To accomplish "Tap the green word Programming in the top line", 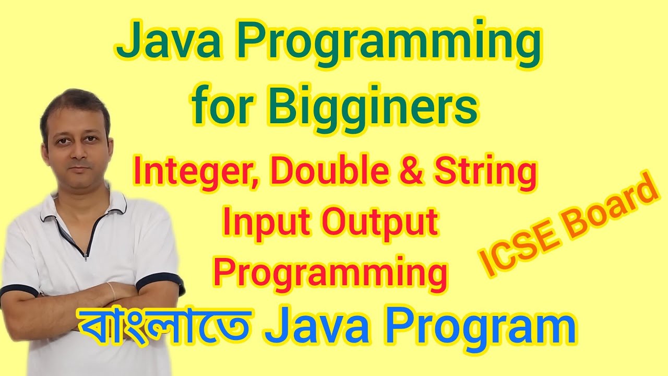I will click(386, 46).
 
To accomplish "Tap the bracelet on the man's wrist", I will click(111, 290).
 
